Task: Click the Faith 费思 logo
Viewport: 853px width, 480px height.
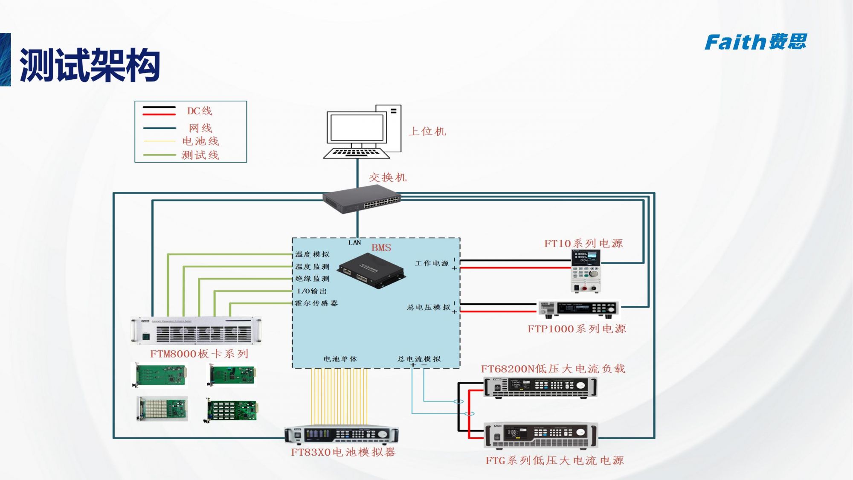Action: (755, 42)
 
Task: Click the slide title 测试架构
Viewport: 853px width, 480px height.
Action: (90, 65)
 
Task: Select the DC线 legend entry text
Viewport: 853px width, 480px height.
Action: (199, 111)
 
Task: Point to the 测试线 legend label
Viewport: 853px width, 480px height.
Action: (200, 155)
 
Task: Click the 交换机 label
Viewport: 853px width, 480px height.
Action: (387, 177)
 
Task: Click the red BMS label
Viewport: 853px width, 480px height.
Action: (381, 248)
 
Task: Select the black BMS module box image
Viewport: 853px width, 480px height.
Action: (371, 271)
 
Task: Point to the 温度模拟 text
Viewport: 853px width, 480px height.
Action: (312, 254)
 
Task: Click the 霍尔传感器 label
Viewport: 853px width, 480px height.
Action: (316, 303)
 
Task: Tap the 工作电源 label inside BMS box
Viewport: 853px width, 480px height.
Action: (432, 264)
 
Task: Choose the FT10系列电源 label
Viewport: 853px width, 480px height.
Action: (583, 244)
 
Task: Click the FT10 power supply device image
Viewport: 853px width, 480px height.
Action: (586, 271)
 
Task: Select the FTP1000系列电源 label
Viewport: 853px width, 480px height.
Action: (577, 329)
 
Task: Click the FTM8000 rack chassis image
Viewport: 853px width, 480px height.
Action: (196, 331)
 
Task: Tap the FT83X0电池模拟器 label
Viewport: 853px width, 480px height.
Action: (343, 452)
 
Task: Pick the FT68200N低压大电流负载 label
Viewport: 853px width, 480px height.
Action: (553, 369)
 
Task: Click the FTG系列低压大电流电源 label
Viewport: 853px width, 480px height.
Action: (554, 461)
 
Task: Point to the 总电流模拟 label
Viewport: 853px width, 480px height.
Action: (419, 359)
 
